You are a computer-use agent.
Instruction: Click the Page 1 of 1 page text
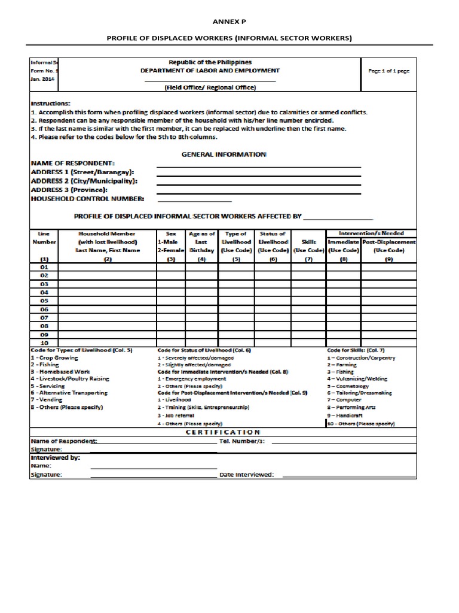pyautogui.click(x=388, y=71)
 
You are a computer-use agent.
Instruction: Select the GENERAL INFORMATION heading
pyautogui.click(x=224, y=154)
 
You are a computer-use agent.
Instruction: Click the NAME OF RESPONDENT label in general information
pyautogui.click(x=72, y=163)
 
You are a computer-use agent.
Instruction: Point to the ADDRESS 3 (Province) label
pyautogui.click(x=73, y=190)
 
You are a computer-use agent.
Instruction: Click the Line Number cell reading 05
pyautogui.click(x=44, y=301)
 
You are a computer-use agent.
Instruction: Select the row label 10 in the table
pyautogui.click(x=44, y=343)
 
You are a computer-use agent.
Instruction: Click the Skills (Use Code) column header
pyautogui.click(x=308, y=245)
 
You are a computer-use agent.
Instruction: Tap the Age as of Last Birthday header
pyautogui.click(x=201, y=242)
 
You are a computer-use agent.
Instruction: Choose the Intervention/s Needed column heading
pyautogui.click(x=371, y=233)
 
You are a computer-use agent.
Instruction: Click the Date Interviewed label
pyautogui.click(x=247, y=475)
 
